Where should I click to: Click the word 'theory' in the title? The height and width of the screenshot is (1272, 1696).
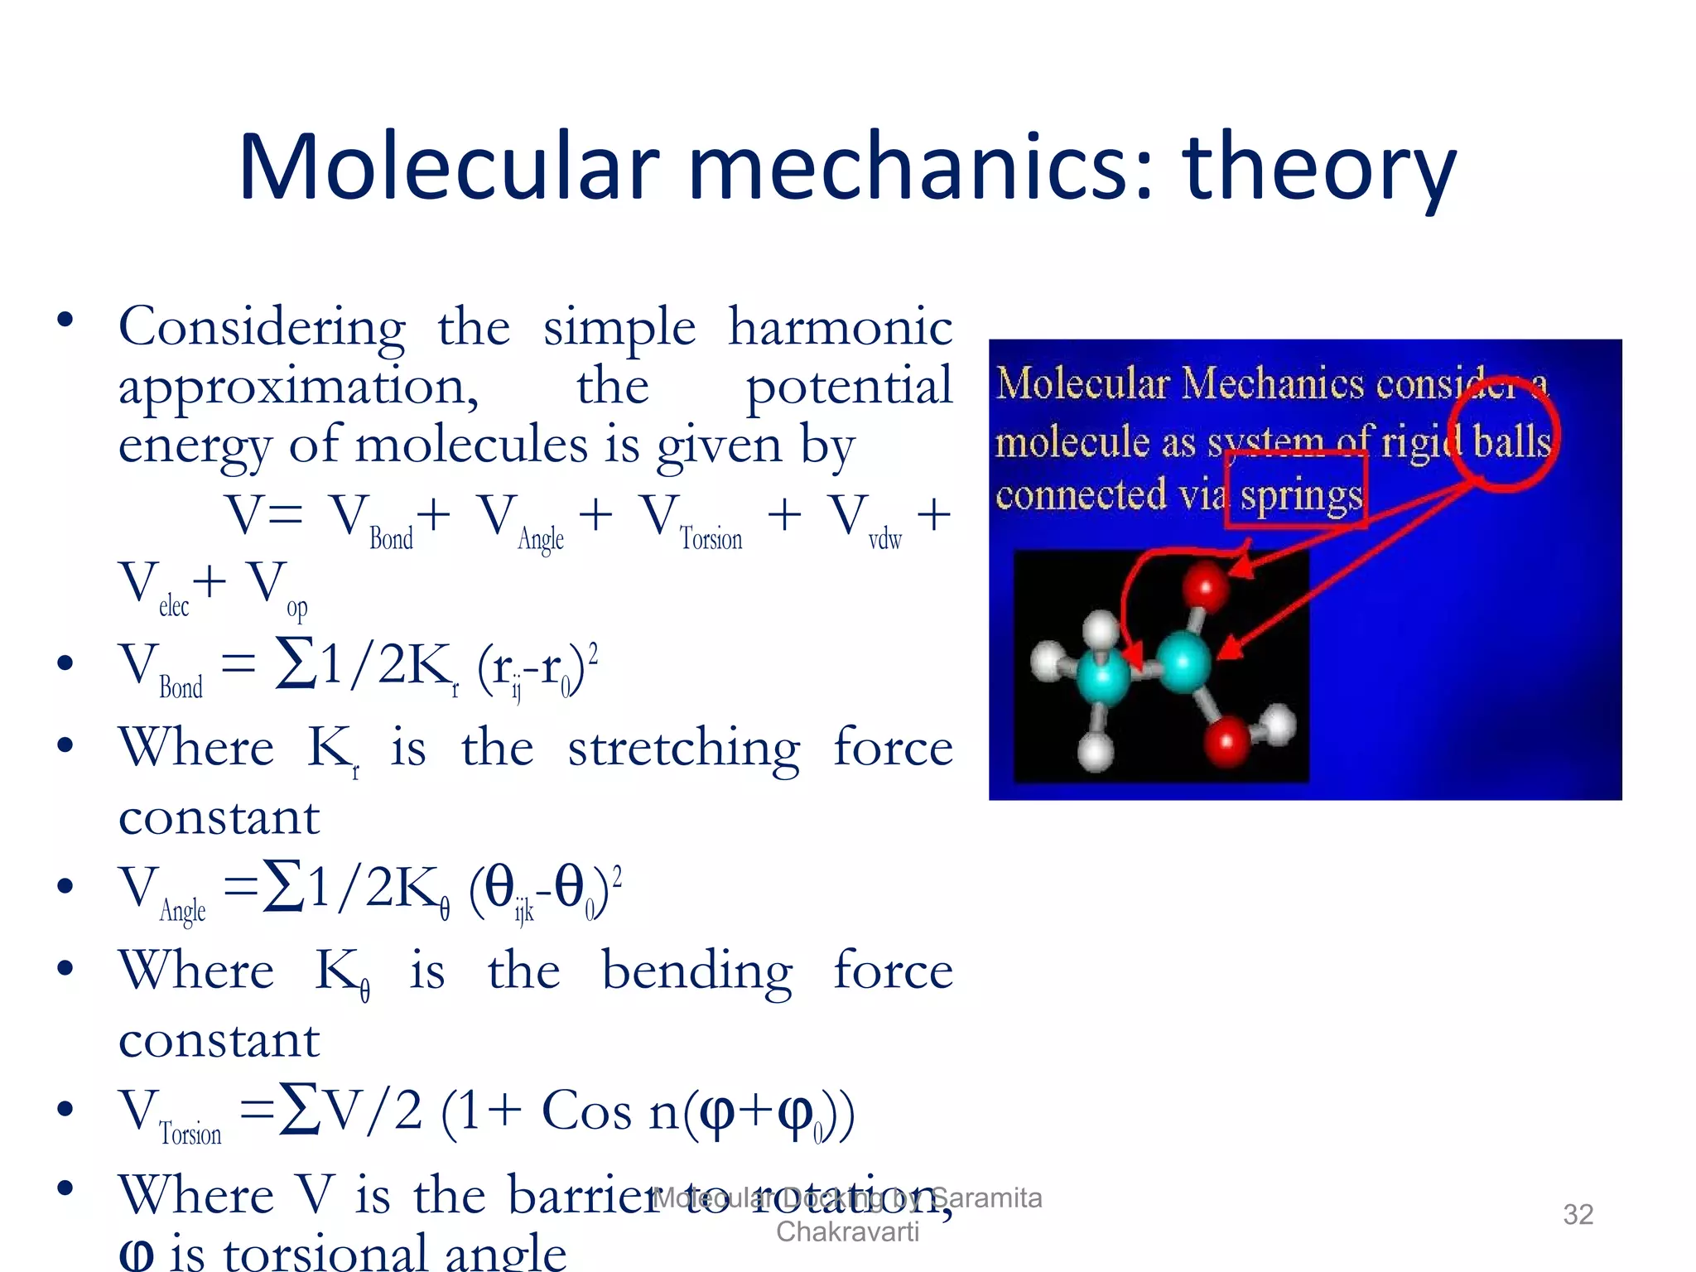point(1318,170)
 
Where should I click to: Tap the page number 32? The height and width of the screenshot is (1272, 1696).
point(1578,1214)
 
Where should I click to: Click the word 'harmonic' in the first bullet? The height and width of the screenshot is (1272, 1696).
point(840,327)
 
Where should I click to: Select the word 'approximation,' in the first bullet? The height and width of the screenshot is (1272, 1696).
point(298,388)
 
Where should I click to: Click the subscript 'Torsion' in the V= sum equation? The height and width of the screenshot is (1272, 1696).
point(711,539)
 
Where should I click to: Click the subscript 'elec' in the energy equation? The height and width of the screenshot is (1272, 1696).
point(174,606)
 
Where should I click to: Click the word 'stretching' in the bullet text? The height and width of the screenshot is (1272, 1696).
point(683,749)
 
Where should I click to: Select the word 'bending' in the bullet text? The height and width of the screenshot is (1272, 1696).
point(696,971)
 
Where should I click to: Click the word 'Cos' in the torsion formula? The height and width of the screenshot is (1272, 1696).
point(586,1111)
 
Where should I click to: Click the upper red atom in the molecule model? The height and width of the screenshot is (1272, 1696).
point(1205,586)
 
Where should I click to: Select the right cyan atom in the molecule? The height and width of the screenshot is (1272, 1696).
point(1183,662)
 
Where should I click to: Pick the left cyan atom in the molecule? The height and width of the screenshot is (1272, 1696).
point(1102,677)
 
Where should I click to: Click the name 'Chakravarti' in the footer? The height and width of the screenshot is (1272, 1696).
point(847,1231)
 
